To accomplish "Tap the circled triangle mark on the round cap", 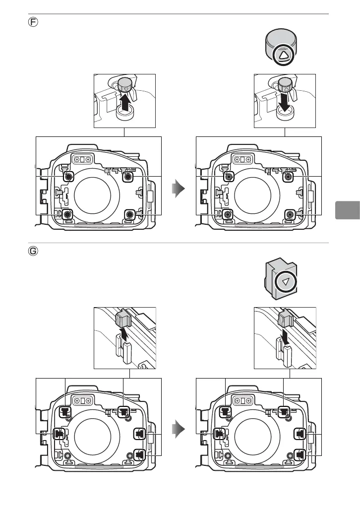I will (x=283, y=56).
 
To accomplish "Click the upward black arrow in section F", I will (x=124, y=104).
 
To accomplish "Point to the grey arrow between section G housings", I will (x=179, y=427).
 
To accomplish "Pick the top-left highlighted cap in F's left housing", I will (x=68, y=176).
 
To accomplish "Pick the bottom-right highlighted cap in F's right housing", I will (x=289, y=214).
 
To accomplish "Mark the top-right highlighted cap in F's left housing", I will (x=129, y=176).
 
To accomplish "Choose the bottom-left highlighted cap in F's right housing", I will (x=228, y=214).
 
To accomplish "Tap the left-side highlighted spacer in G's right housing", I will (x=218, y=433).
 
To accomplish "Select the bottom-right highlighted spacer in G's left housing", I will (x=140, y=453).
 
